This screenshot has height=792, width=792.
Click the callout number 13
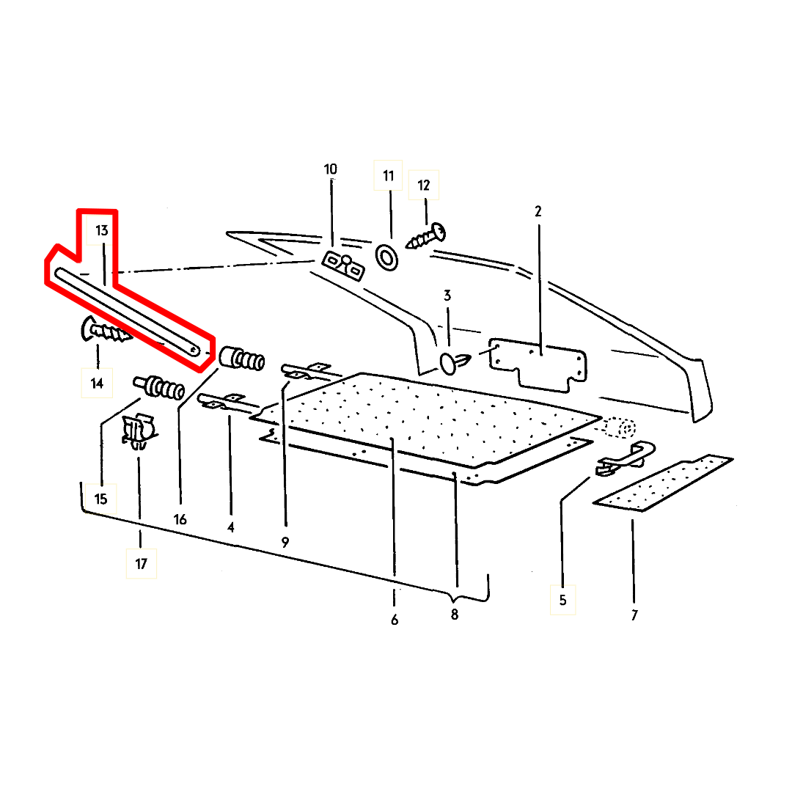[101, 230]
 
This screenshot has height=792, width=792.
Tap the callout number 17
[141, 564]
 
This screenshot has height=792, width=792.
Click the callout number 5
[562, 600]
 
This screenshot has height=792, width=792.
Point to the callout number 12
[424, 185]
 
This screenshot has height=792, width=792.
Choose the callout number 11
[388, 176]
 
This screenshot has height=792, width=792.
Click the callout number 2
[538, 211]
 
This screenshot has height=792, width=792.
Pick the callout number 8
[454, 615]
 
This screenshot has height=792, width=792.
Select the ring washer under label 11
[386, 257]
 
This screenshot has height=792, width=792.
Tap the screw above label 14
[105, 332]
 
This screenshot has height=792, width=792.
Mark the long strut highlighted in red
[125, 310]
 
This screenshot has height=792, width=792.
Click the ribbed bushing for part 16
[243, 359]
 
